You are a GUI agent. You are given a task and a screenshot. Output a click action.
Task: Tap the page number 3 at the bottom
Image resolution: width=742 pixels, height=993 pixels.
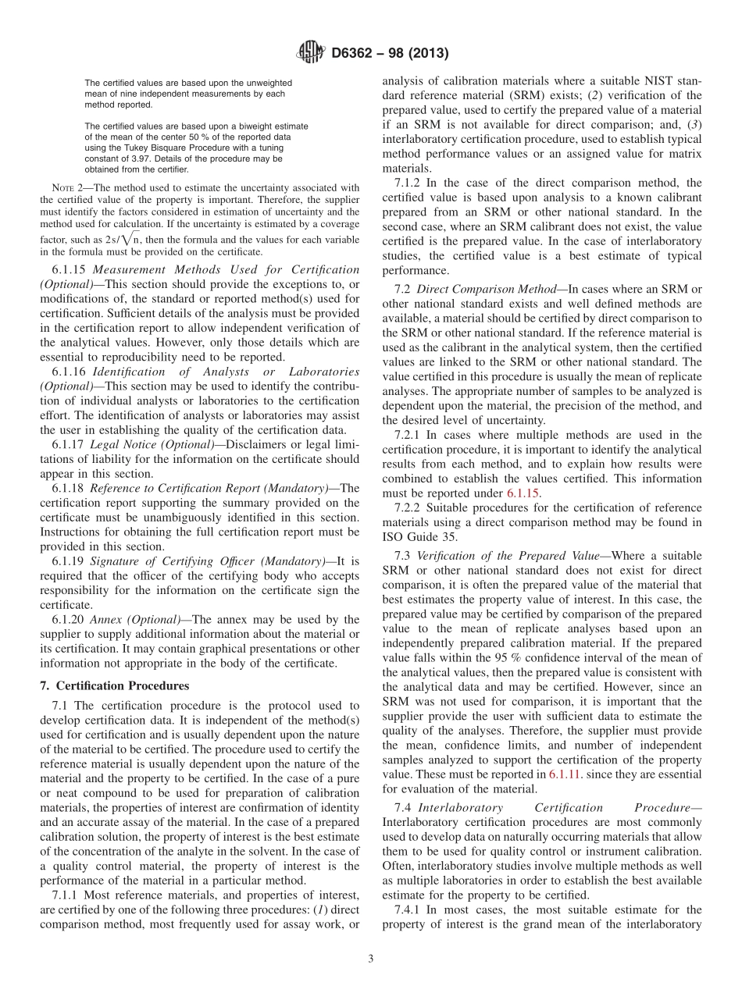pyautogui.click(x=371, y=959)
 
